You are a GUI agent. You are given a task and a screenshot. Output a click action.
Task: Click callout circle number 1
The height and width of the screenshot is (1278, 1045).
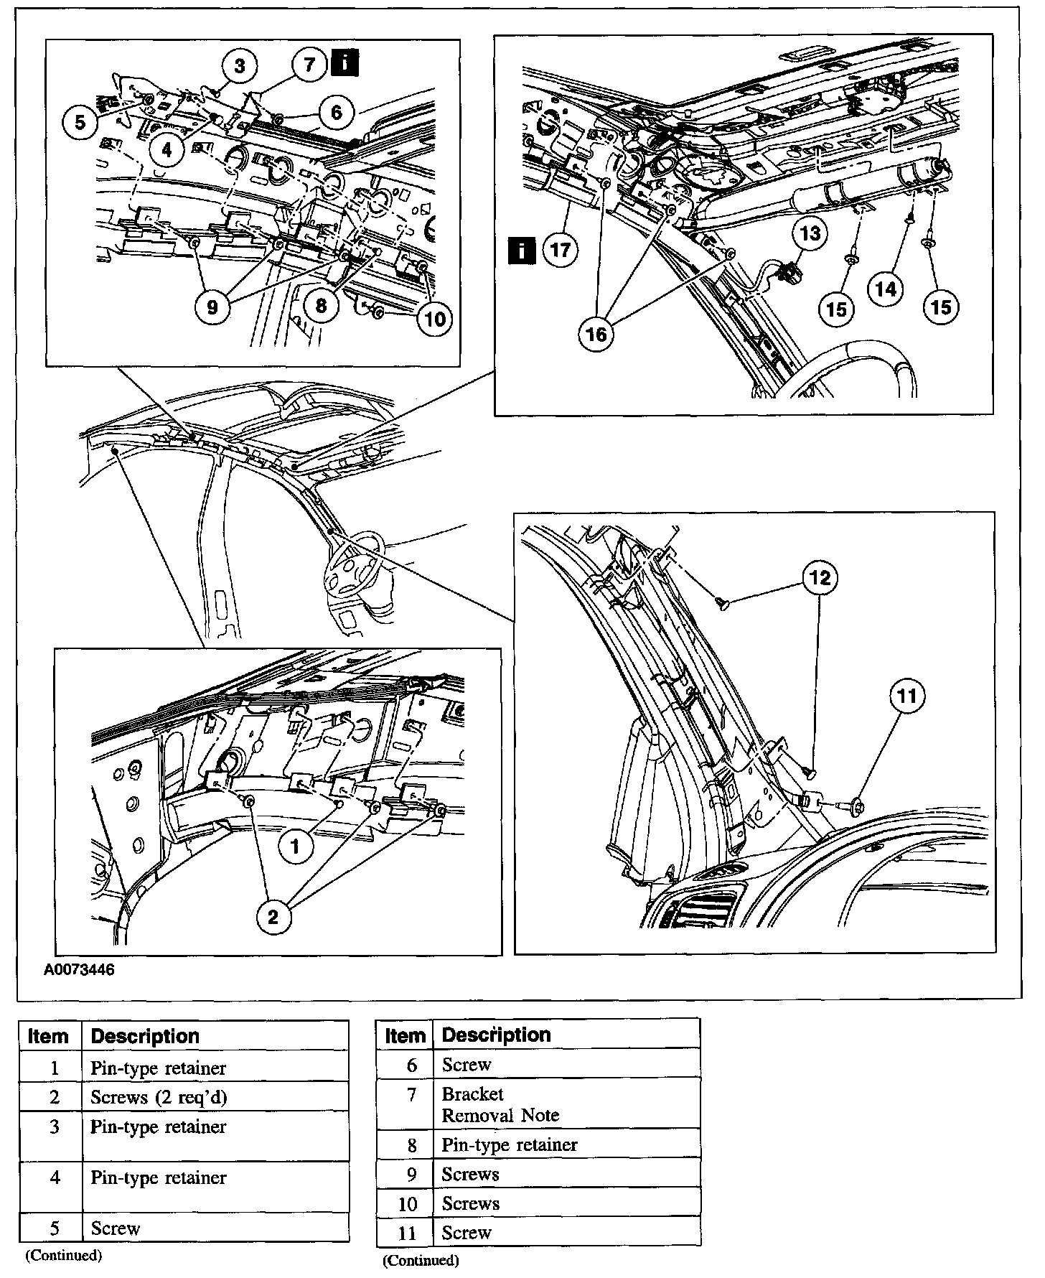click(x=295, y=846)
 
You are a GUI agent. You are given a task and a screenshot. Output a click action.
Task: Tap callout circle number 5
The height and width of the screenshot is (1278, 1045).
click(x=80, y=121)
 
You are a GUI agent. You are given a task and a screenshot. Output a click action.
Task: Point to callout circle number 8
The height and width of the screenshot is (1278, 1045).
click(x=321, y=306)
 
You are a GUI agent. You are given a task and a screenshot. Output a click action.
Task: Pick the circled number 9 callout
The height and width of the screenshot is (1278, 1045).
click(x=212, y=307)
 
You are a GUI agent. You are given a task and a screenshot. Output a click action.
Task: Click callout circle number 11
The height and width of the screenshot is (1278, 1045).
click(x=907, y=696)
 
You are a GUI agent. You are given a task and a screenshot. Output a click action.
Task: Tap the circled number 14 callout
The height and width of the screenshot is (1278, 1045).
click(x=886, y=289)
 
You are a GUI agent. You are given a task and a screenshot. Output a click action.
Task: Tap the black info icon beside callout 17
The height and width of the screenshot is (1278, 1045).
click(x=521, y=251)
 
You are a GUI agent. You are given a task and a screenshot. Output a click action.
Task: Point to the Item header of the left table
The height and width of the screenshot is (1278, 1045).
click(x=49, y=1037)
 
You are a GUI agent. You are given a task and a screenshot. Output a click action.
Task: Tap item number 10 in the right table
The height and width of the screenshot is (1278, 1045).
click(x=407, y=1203)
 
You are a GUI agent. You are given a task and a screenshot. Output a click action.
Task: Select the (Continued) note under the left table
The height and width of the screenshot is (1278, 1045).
click(x=63, y=1255)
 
